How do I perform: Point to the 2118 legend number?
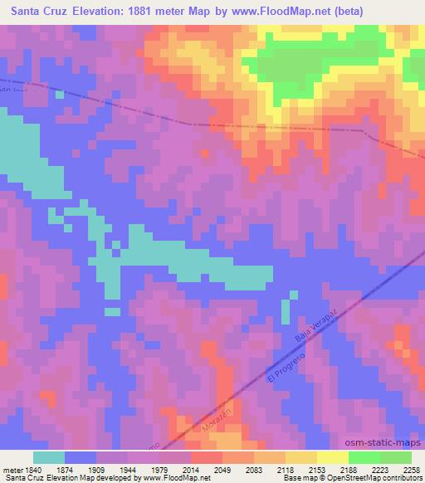[285, 469]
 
